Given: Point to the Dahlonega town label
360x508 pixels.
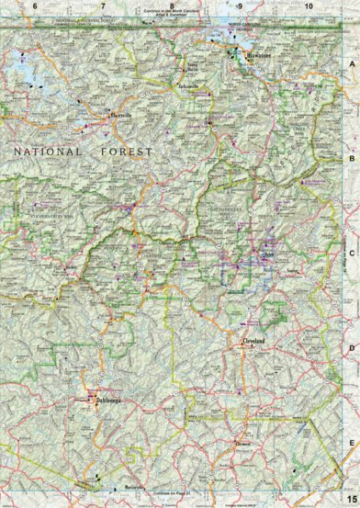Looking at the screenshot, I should pos(101,401).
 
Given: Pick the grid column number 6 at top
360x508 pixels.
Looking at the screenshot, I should pos(34,6).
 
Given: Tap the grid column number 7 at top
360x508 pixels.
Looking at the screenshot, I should pos(103,6).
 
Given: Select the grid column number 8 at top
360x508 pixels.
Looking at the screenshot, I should pos(172,6).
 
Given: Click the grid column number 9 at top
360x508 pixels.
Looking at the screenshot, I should pos(240,6).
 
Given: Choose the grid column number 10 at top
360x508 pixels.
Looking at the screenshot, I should pos(309,6).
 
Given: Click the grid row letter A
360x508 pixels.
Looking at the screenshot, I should pos(352,65).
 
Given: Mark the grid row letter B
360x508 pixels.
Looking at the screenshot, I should pos(352,158).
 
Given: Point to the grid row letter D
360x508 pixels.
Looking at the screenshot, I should pos(352,348).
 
